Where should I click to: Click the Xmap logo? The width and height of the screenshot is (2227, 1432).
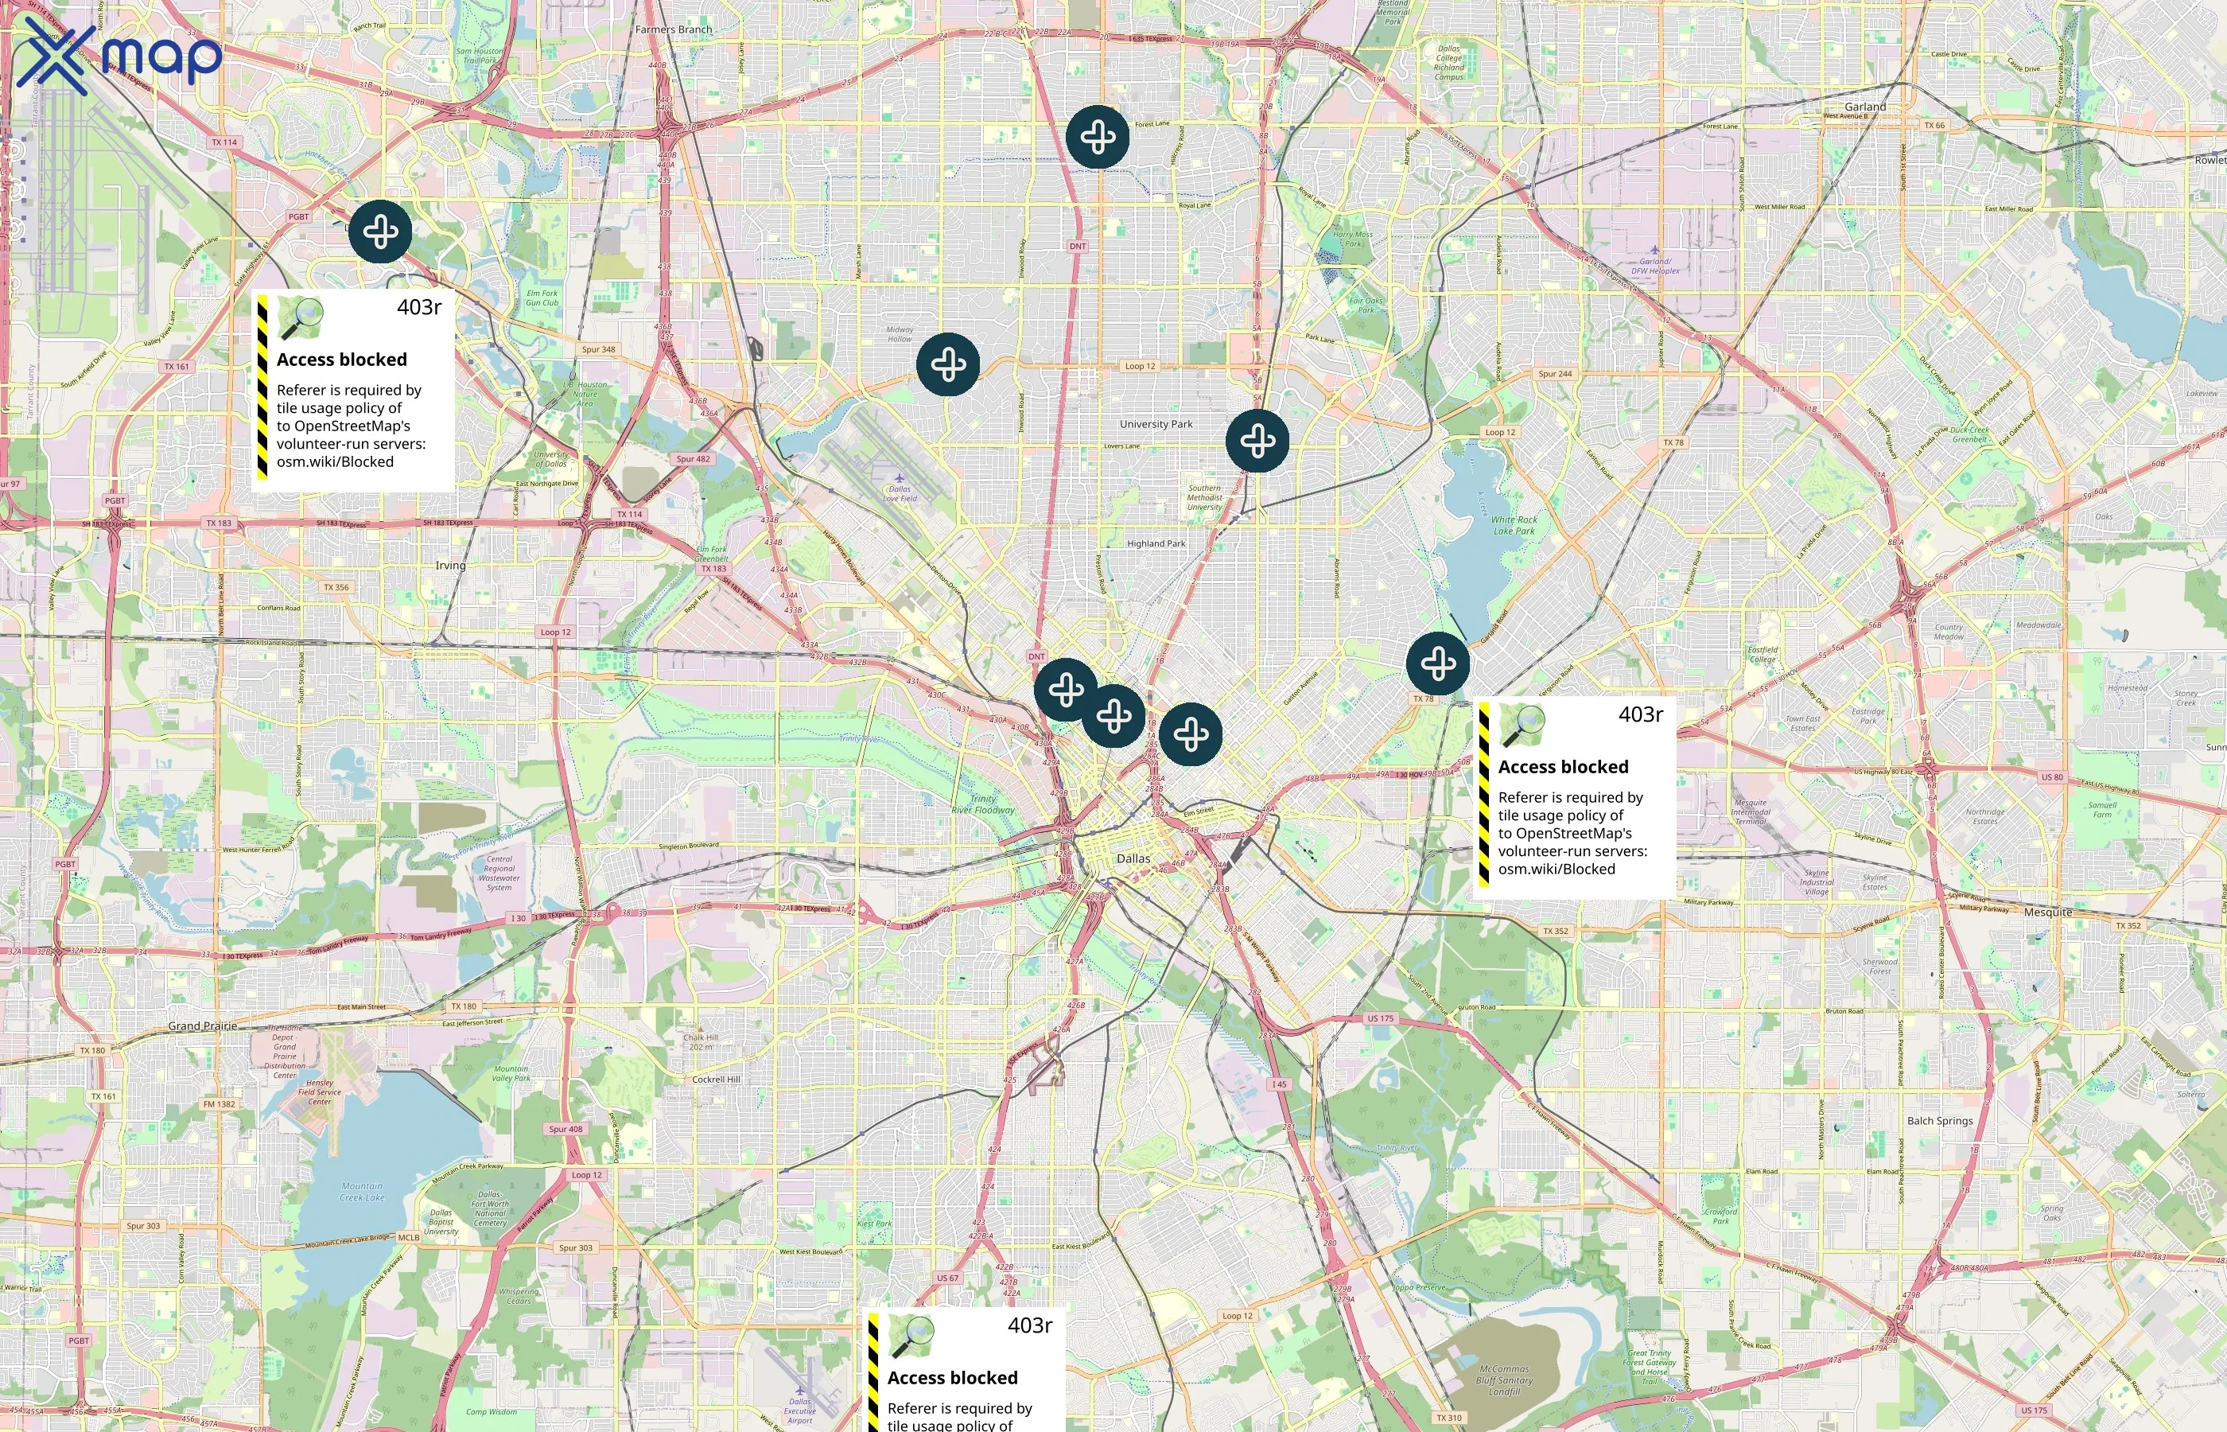pos(119,56)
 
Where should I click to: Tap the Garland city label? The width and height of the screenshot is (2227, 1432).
pos(1864,107)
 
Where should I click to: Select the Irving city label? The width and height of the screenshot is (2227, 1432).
pos(451,566)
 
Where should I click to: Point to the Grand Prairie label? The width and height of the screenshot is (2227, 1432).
pos(203,1026)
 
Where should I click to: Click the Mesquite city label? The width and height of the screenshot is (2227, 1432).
pos(2047,913)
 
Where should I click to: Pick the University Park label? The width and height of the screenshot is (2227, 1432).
pos(1156,424)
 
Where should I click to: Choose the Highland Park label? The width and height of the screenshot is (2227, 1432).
pos(1156,544)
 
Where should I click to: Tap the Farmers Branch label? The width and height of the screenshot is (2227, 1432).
pos(674,29)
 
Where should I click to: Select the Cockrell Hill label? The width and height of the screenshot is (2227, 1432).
pos(716,1080)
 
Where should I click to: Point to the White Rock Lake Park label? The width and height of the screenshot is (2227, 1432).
pos(1514,525)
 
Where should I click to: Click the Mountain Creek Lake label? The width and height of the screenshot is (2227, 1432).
pos(362,1191)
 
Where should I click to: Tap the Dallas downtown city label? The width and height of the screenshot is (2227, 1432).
pos(1133,858)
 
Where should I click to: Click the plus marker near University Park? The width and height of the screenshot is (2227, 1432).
pos(1257,441)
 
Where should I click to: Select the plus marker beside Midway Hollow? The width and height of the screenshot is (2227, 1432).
pos(947,364)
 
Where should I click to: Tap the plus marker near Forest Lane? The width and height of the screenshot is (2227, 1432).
pos(1098,138)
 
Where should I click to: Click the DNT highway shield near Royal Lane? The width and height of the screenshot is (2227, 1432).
pos(1077,247)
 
